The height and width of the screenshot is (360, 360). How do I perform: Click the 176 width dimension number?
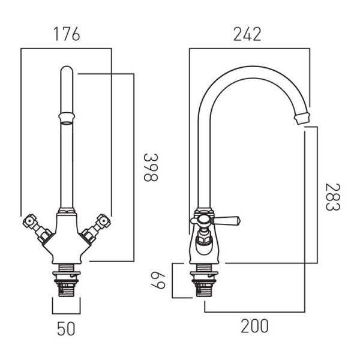67,34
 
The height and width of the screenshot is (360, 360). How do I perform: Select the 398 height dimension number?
151,167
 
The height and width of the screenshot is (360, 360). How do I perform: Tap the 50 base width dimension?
66,329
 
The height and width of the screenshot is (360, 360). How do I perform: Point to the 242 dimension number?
247,34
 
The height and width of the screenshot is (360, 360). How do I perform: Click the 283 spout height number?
332,197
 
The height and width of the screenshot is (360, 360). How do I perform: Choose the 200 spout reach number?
254,326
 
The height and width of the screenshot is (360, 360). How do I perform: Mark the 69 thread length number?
158,280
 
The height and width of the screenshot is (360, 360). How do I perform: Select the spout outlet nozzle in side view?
302,118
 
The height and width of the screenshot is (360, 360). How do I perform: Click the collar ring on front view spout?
67,117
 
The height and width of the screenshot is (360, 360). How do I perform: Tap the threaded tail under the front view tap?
67,280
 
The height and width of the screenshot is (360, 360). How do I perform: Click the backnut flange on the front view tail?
67,274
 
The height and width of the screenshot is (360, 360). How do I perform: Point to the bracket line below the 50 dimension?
67,314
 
